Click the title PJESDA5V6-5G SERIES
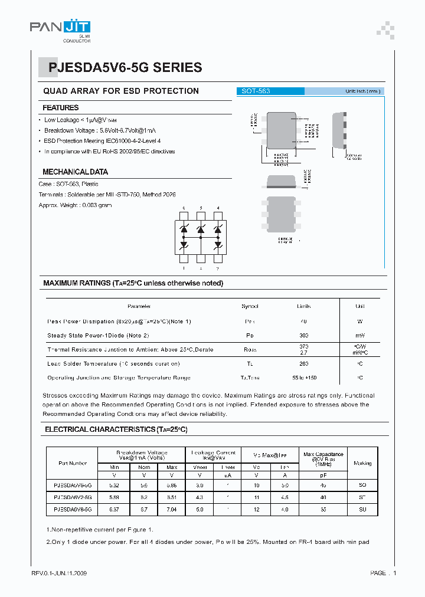(x=122, y=68)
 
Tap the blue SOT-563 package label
(x=256, y=91)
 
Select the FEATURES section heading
(x=61, y=108)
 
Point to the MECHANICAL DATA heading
(x=75, y=172)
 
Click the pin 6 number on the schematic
(x=184, y=208)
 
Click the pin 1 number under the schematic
(x=184, y=268)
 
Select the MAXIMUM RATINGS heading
(x=133, y=283)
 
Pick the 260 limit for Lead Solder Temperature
(x=304, y=364)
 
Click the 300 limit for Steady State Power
(x=304, y=335)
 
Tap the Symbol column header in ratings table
(x=250, y=307)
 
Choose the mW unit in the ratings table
(x=359, y=335)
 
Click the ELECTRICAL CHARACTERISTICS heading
(x=116, y=430)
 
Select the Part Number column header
(x=73, y=463)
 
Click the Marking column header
(x=362, y=463)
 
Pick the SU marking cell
(x=362, y=509)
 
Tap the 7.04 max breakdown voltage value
(x=172, y=509)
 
